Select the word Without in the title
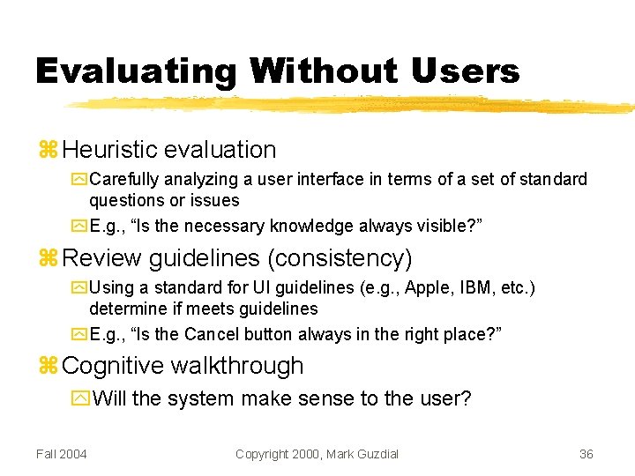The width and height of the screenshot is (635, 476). (x=324, y=71)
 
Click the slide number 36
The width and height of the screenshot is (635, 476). (x=586, y=454)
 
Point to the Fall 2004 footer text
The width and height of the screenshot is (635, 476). (x=62, y=454)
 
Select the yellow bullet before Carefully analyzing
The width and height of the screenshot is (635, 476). (x=79, y=180)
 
